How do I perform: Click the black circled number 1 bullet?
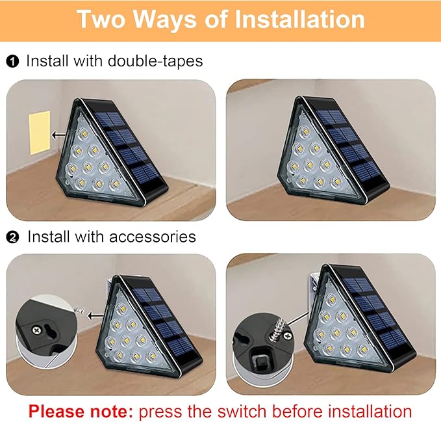point(12,62)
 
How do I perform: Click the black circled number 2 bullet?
point(12,237)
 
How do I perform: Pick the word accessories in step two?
point(154,236)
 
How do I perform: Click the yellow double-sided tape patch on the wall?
point(39,132)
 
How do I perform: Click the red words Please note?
point(81,411)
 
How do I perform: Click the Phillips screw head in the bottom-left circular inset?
point(45,330)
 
